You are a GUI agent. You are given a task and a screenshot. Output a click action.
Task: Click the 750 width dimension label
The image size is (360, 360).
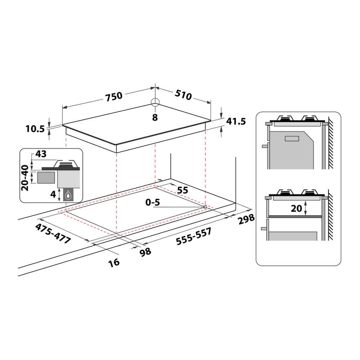(x=114, y=96)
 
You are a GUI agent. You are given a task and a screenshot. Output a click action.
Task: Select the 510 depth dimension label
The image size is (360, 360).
(x=183, y=95)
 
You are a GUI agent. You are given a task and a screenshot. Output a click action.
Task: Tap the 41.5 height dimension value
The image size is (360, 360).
(x=236, y=121)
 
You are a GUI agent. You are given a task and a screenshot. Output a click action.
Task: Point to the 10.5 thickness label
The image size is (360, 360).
(x=35, y=129)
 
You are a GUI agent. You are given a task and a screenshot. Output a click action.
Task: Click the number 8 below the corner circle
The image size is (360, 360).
(x=155, y=118)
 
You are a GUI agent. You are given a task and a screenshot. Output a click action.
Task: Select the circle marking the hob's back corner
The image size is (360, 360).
(x=155, y=102)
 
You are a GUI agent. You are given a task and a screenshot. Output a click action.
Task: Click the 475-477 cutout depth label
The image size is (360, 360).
(x=53, y=234)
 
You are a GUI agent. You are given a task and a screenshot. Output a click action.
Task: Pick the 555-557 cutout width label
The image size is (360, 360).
(x=194, y=237)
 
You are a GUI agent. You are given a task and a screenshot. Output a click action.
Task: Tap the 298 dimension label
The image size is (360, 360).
(x=246, y=219)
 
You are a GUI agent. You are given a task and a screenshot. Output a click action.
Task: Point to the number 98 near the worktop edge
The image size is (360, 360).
(x=145, y=252)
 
